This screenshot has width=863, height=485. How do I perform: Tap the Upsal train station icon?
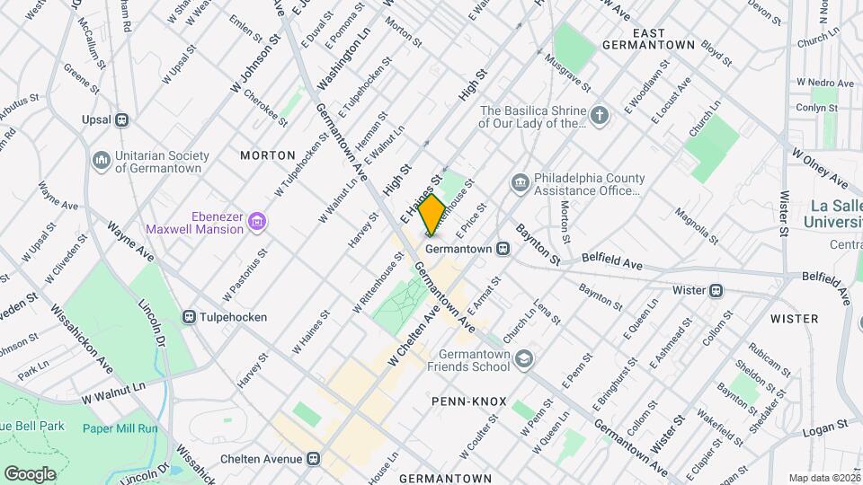point(123,119)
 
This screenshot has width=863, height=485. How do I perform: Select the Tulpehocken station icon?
point(190,316)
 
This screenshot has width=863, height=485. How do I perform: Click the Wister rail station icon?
point(716,290)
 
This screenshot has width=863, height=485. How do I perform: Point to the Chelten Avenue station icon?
point(313,459)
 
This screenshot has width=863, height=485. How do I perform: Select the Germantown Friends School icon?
point(524,360)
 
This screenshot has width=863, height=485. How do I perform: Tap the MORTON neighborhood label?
point(268,155)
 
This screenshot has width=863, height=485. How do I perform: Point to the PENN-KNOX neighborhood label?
point(468,401)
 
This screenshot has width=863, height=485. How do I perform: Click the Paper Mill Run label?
point(120,428)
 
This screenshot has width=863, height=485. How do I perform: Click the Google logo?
point(30,473)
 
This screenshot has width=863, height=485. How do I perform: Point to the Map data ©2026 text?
point(823,478)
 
